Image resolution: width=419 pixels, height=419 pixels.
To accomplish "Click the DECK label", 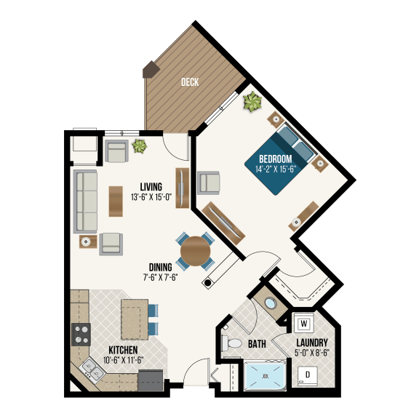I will coord(190,82).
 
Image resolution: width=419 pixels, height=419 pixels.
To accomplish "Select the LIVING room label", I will coord(151,186).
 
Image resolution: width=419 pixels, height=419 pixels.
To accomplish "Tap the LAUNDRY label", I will coord(312,343).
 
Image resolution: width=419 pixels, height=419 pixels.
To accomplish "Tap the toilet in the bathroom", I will coord(232,343).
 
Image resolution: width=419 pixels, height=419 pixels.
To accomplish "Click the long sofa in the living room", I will coord(86,201).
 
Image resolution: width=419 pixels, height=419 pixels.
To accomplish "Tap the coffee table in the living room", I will coord(116,201).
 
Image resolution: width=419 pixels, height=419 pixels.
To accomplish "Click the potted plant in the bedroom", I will coord(252,103).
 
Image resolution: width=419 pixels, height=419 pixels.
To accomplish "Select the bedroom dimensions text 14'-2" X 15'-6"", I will coord(274,169).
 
